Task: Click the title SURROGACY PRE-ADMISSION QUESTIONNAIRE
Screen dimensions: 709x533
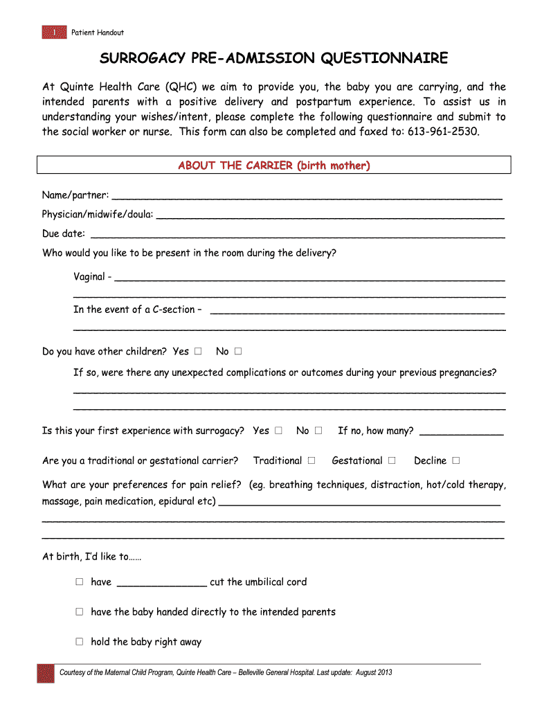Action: tap(273, 58)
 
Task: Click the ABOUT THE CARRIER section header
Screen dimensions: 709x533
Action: tap(273, 165)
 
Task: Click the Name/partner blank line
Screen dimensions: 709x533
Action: tap(307, 197)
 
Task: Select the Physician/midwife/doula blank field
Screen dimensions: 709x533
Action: tap(330, 215)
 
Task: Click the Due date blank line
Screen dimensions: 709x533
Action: tap(298, 234)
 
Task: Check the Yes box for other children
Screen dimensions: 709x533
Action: tap(199, 352)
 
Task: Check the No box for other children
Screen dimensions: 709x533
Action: tap(238, 352)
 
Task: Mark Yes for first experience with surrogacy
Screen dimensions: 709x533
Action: tap(278, 431)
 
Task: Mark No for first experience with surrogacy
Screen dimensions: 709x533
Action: tap(318, 431)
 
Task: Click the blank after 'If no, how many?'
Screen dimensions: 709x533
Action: tap(462, 432)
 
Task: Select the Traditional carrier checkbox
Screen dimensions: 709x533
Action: tap(311, 460)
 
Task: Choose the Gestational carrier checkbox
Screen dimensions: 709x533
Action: tap(392, 460)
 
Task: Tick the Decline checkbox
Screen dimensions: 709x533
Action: tap(456, 460)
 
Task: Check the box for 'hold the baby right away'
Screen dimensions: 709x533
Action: tap(80, 642)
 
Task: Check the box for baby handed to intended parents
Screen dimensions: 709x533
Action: tap(80, 612)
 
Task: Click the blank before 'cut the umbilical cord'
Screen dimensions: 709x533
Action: tap(161, 583)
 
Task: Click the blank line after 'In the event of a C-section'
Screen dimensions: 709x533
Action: tap(356, 311)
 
